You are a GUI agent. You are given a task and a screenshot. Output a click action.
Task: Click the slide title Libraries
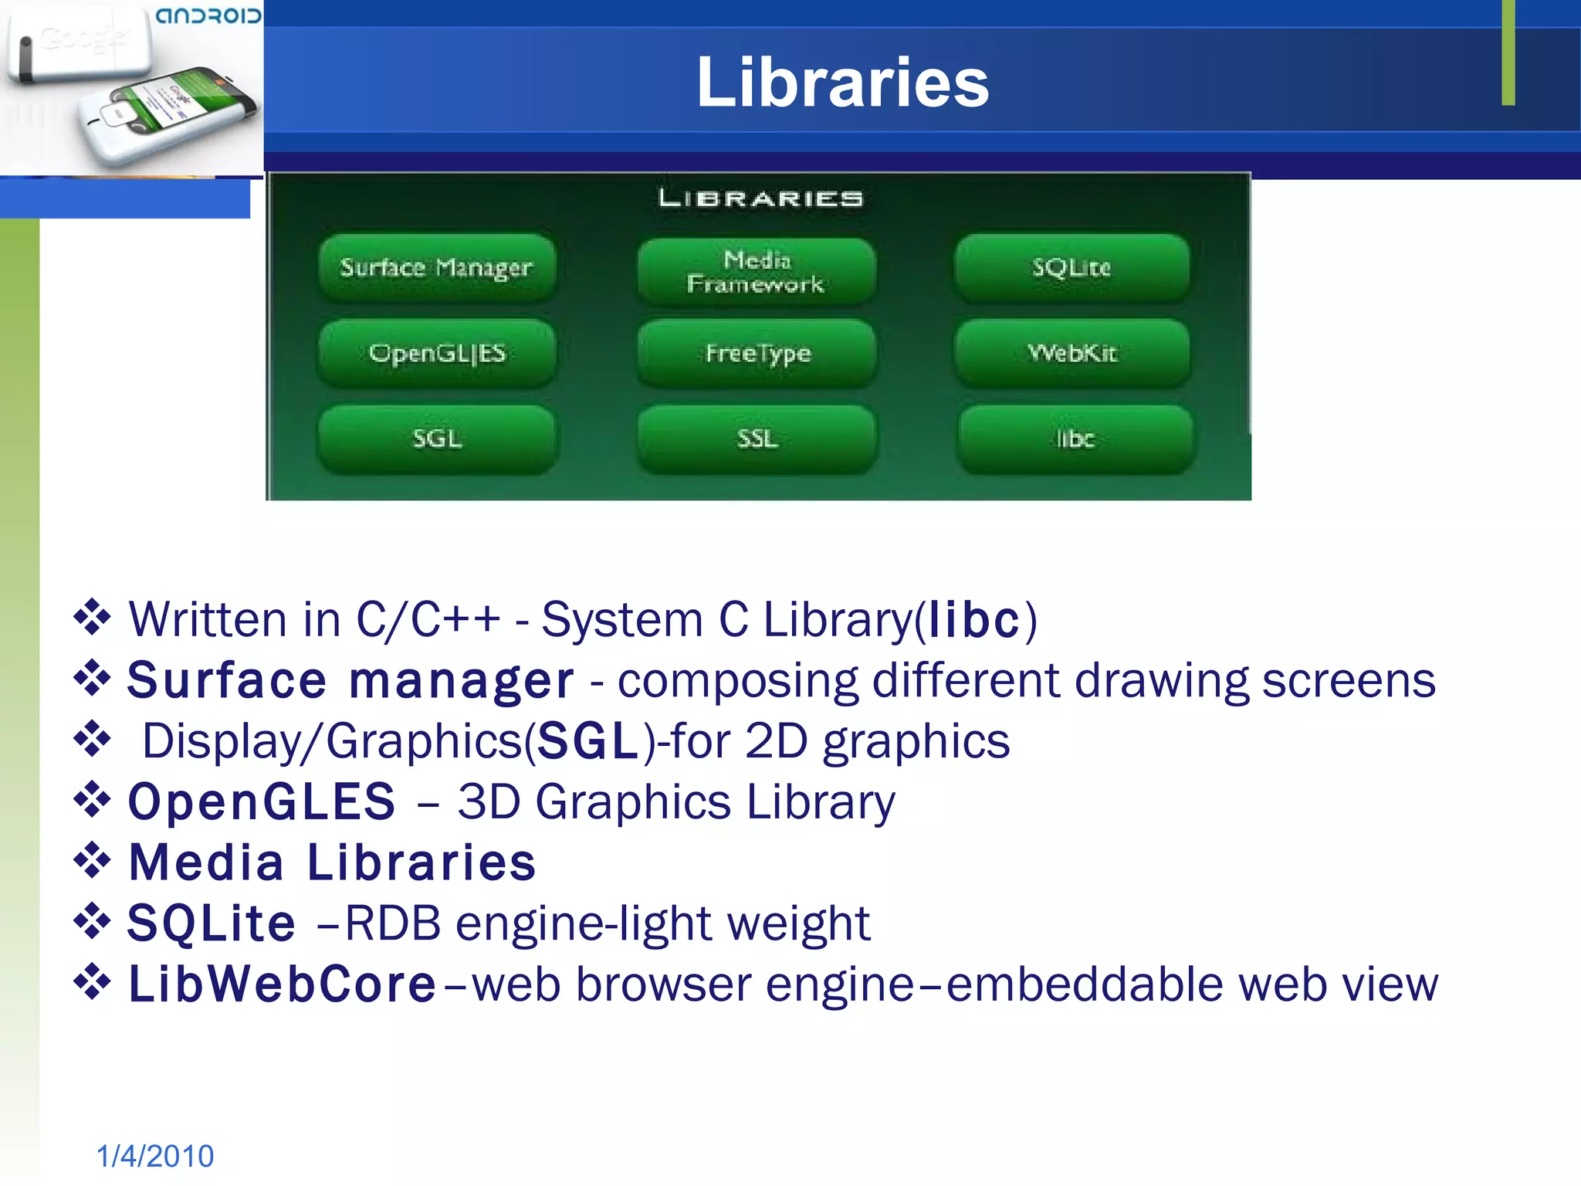(842, 83)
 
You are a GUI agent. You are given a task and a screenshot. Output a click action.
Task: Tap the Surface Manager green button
(437, 267)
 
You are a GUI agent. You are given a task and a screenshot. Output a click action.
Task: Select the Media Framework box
(757, 272)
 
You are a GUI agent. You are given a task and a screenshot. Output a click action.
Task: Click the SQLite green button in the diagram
(1071, 267)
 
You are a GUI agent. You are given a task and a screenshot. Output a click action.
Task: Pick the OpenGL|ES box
(437, 353)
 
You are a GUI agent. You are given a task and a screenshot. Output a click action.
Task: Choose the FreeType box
(757, 353)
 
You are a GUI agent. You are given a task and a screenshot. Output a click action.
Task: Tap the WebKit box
(1072, 353)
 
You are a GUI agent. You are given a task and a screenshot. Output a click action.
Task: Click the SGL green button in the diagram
(437, 439)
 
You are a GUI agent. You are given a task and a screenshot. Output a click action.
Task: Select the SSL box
(757, 439)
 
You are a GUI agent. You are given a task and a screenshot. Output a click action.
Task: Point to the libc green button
(1075, 439)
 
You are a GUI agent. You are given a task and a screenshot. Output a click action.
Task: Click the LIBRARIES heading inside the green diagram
(760, 198)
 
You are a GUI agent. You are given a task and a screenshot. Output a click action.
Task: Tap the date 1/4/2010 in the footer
(155, 1156)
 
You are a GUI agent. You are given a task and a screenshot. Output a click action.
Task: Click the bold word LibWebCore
(283, 984)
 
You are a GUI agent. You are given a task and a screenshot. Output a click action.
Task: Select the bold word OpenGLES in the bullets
(262, 801)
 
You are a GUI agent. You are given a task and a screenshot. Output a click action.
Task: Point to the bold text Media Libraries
(332, 862)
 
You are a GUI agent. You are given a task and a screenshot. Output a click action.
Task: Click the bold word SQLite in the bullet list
(212, 923)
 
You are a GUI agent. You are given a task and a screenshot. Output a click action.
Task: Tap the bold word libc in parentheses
(974, 619)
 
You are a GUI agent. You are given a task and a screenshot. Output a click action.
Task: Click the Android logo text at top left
(208, 15)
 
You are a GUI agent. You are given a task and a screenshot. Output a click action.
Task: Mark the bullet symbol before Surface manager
(93, 678)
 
